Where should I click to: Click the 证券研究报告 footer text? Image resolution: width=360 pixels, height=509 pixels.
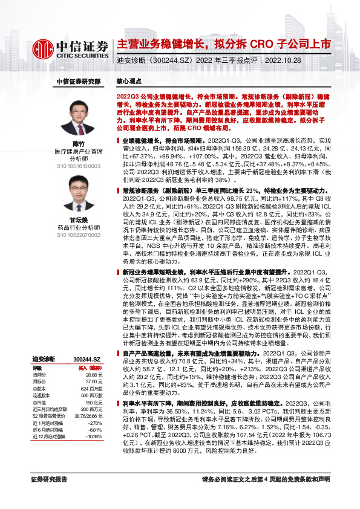tap(49, 496)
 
